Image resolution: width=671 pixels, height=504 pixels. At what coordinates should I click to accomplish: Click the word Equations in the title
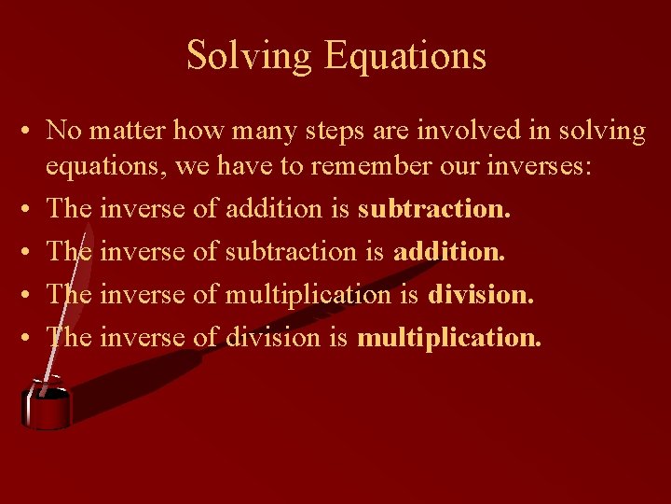point(405,56)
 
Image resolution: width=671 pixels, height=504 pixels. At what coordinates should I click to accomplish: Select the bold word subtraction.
point(434,209)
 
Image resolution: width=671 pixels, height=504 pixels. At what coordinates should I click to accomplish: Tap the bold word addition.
point(449,251)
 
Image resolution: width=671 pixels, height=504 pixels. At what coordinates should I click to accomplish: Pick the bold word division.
point(481,294)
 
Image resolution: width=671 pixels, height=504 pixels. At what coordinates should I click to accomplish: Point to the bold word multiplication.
point(448,336)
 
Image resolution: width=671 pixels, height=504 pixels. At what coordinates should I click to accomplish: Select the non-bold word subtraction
point(289,251)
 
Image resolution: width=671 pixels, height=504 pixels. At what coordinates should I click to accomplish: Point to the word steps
point(329,131)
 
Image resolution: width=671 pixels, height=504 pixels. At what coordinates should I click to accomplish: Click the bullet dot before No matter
point(30,132)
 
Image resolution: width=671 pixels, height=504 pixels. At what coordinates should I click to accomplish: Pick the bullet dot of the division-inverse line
point(30,337)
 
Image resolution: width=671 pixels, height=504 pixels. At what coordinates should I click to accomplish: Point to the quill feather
point(140,364)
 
